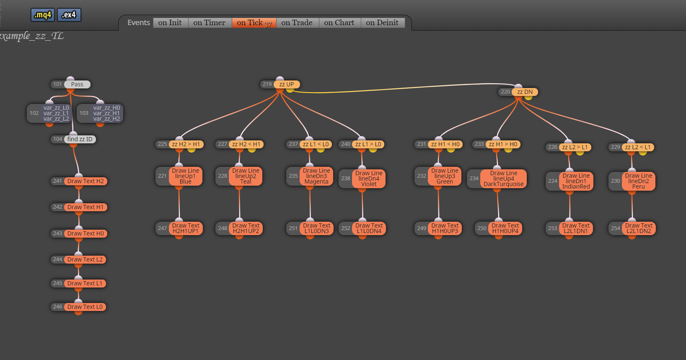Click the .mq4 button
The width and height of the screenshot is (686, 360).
(43, 15)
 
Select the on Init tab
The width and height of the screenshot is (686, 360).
(170, 23)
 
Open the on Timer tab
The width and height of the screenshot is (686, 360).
(210, 23)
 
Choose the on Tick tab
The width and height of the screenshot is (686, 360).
(254, 23)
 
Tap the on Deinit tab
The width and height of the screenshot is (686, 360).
(383, 23)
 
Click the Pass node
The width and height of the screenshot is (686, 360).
(77, 84)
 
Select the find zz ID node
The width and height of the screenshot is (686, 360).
(80, 139)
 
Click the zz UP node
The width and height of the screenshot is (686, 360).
(287, 84)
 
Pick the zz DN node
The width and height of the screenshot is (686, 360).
(525, 92)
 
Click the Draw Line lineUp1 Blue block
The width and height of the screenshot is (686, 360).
(186, 176)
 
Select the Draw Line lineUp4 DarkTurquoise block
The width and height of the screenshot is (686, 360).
(503, 178)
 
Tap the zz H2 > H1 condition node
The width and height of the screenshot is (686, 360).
(186, 144)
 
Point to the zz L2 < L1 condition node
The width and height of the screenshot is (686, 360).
(638, 148)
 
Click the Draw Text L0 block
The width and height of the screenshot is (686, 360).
(85, 307)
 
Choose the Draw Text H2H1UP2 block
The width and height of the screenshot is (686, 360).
(246, 228)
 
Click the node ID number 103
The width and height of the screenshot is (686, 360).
(84, 113)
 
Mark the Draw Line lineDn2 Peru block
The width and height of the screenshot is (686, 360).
(639, 181)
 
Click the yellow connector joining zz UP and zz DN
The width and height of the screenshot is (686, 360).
(401, 87)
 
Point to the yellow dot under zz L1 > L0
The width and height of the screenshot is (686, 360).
(373, 150)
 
